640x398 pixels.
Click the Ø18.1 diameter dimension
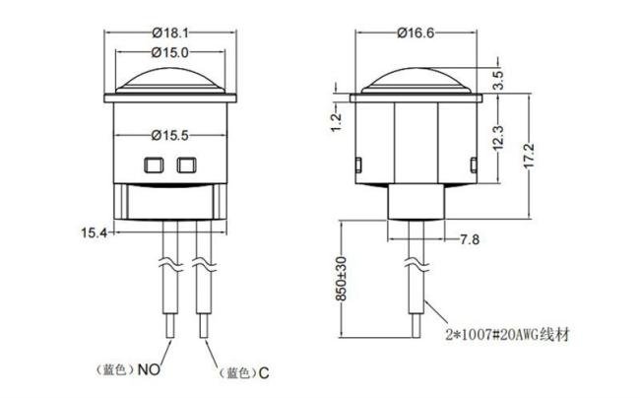pos(170,32)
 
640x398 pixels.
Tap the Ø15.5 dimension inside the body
pos(170,133)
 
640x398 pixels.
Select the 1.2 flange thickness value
pos(337,121)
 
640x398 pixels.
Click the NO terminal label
pos(148,371)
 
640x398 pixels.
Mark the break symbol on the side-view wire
pos(411,265)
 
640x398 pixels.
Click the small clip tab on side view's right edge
pos(475,163)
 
